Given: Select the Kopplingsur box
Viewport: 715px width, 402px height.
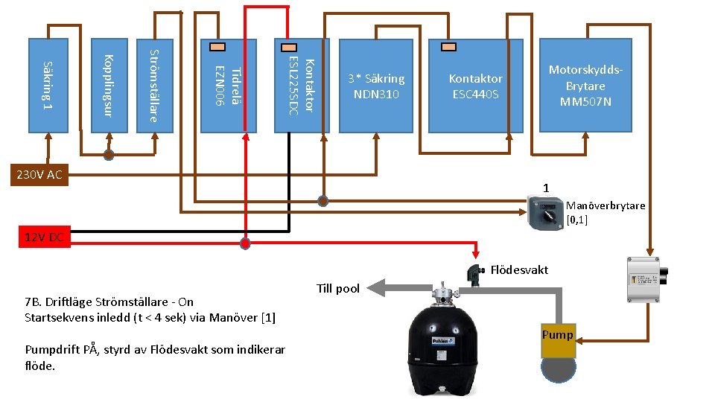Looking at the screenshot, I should point(109,85).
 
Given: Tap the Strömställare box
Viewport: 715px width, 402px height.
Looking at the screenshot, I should point(154,85).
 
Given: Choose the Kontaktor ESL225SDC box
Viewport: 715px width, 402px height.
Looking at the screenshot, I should point(302,86).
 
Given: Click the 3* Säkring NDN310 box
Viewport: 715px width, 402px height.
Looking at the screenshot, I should point(376,86).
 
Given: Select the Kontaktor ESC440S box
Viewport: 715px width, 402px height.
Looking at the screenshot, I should point(476,86).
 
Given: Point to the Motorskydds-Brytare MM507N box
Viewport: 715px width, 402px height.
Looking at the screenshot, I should point(585,86).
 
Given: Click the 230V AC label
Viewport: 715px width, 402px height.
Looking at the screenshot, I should point(34,176).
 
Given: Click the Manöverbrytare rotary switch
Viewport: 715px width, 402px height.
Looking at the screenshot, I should point(544,213).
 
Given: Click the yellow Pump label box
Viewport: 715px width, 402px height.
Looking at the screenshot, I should point(558,335).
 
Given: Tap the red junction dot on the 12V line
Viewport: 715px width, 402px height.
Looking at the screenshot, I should point(245,243).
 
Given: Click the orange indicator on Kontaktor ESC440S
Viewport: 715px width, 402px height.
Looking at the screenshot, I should point(448,46).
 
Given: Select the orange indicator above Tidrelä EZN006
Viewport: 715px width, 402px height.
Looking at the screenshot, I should point(217,46).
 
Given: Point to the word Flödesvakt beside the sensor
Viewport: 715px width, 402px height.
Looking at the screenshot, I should point(520,269).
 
